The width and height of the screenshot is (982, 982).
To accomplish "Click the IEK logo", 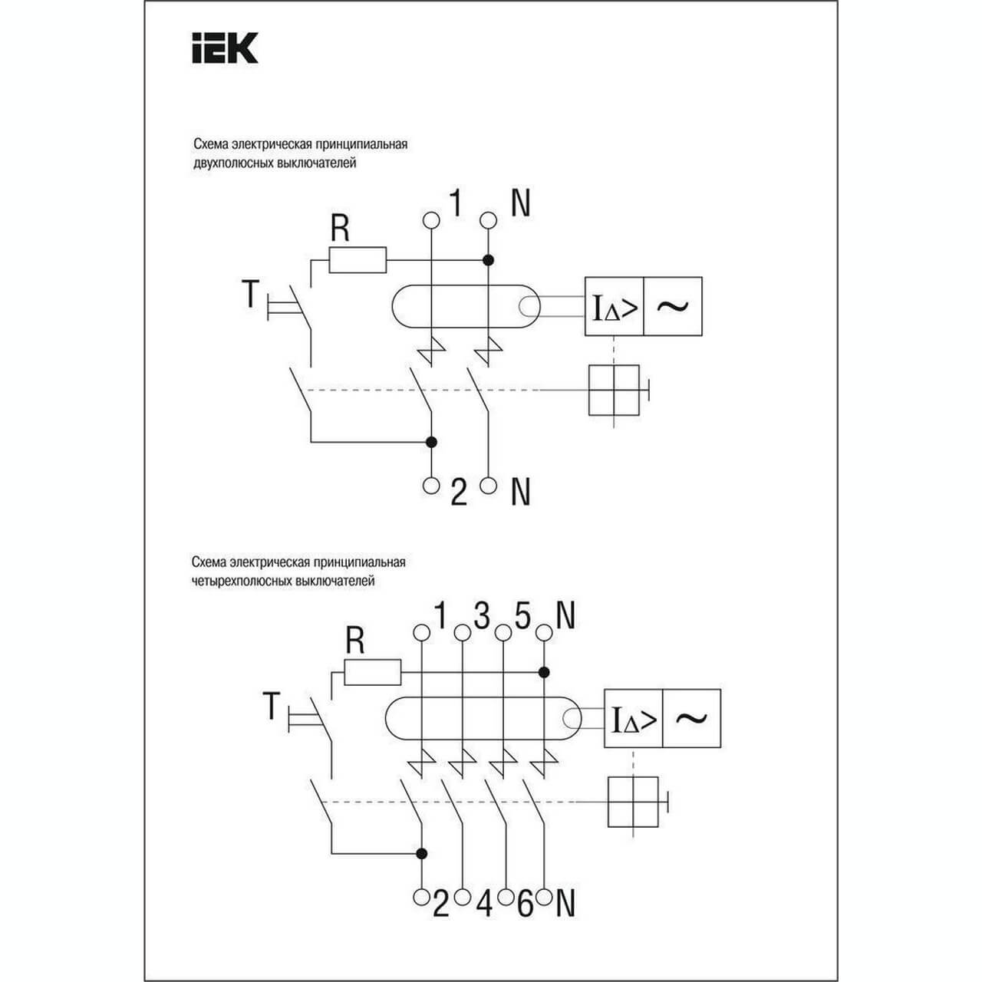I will (224, 48).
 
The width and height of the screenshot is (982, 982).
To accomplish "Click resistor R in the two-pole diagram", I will (358, 260).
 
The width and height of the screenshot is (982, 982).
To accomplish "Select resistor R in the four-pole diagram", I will (372, 672).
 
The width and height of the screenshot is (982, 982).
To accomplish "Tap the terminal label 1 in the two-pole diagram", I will (456, 204).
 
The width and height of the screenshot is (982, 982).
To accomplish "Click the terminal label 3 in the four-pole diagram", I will (482, 616).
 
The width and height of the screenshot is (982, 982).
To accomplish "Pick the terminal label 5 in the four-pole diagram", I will (522, 616).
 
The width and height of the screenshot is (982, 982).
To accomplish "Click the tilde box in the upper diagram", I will (673, 306).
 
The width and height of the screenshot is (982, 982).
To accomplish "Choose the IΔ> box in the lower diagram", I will (633, 719).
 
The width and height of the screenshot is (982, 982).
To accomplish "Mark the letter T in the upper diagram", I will (250, 293).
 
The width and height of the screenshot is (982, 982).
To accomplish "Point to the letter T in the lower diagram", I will (270, 706).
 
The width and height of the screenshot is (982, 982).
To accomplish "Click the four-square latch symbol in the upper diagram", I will (614, 390).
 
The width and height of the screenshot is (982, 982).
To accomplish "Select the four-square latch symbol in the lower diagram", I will (633, 802).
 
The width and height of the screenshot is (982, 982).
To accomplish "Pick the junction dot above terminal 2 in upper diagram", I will (431, 442).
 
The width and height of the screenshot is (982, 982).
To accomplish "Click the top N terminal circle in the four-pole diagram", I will (543, 633).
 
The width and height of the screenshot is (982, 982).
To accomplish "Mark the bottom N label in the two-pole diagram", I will (521, 492).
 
